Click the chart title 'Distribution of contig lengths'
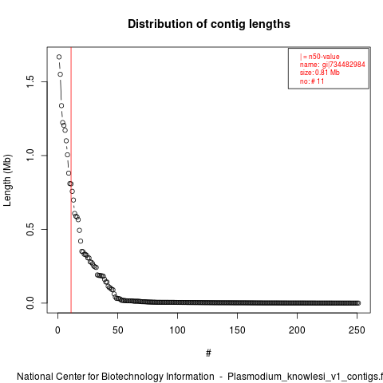[x=209, y=24]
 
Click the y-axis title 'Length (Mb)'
[x=7, y=180]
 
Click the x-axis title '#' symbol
[x=208, y=353]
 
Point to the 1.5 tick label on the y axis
[x=30, y=81]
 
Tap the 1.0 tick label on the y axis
[x=30, y=156]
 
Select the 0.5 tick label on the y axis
[x=30, y=229]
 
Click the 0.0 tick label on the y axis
[x=30, y=303]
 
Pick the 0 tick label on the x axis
[x=57, y=330]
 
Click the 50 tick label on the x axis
[x=117, y=330]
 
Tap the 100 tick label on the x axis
[x=177, y=330]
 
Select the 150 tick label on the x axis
[x=237, y=330]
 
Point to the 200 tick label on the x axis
[x=297, y=330]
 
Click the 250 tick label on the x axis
[x=357, y=330]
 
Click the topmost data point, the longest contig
[x=59, y=57]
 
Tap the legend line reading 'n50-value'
[x=320, y=57]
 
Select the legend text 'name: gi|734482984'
[x=333, y=65]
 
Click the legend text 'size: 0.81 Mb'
[x=320, y=73]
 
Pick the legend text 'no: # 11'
[x=312, y=81]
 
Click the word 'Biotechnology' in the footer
[x=132, y=377]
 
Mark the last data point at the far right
[x=358, y=303]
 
